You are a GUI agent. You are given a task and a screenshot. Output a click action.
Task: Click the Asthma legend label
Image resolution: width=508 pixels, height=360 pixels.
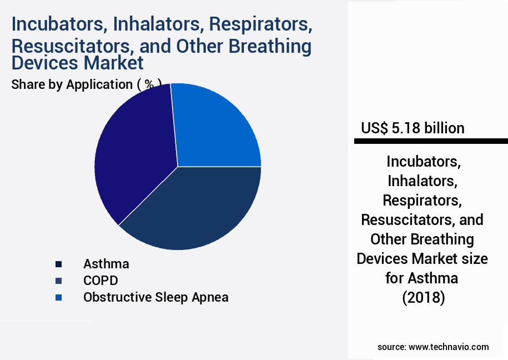tap(106, 263)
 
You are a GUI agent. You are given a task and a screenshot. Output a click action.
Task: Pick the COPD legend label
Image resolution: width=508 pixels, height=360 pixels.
tap(100, 280)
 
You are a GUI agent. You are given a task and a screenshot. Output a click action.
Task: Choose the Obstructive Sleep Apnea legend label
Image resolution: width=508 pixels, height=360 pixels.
tap(155, 297)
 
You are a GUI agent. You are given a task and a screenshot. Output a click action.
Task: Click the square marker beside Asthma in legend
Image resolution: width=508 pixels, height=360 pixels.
tap(58, 264)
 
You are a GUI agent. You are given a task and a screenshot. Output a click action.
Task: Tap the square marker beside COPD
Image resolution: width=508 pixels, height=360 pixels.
tap(58, 281)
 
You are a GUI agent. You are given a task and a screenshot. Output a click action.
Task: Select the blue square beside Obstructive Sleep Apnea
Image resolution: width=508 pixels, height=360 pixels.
tap(58, 298)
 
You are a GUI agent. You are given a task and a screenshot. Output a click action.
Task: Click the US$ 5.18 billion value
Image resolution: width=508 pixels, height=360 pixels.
tap(413, 128)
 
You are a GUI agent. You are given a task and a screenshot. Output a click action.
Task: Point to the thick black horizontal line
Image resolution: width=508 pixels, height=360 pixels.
tap(431, 142)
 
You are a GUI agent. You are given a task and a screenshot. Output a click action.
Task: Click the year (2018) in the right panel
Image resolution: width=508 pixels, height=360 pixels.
tap(424, 298)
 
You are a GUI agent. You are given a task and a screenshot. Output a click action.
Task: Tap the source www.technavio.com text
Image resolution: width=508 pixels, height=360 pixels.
tap(433, 347)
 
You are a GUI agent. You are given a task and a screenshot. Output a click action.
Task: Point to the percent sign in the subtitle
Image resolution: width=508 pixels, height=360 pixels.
tap(149, 84)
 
